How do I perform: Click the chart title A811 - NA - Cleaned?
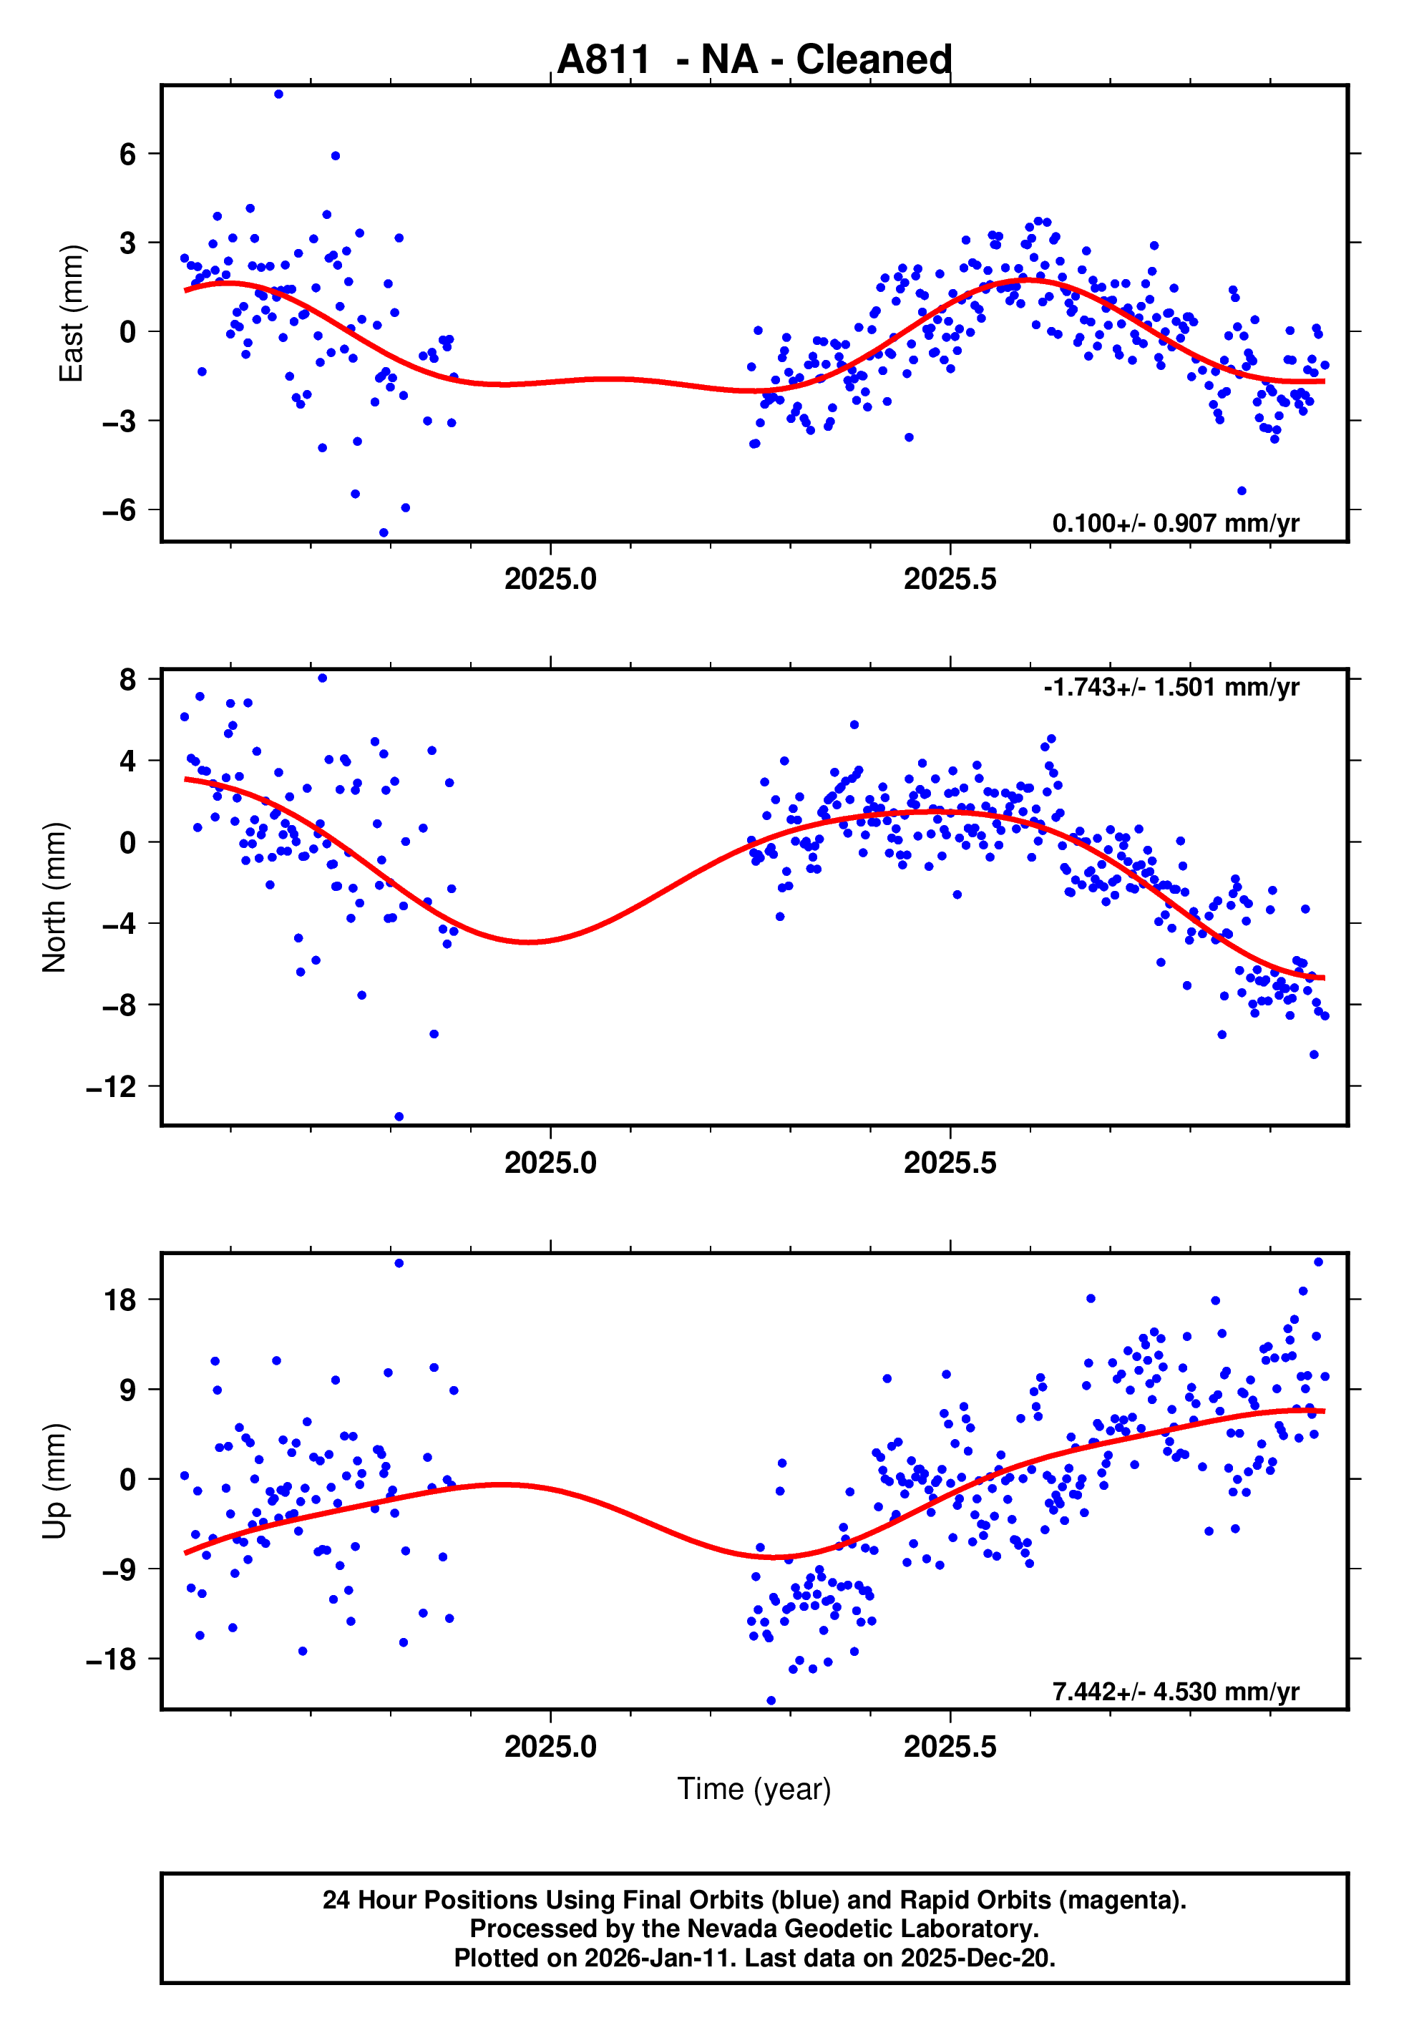point(754,60)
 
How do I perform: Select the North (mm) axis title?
point(54,897)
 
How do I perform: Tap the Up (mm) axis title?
point(54,1481)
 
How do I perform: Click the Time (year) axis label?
point(754,1789)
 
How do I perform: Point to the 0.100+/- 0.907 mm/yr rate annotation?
point(1175,523)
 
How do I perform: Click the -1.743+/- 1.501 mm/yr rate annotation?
point(1171,687)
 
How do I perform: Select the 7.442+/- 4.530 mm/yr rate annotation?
point(1175,1691)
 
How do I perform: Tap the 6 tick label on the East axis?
point(128,155)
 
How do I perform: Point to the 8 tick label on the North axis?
point(128,679)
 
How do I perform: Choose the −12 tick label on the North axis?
point(112,1087)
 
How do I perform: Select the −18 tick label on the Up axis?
point(112,1659)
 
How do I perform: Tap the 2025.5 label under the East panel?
point(950,580)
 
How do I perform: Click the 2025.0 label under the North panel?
point(551,1164)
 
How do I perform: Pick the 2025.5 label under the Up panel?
point(950,1747)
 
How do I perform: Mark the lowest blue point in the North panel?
point(399,1117)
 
